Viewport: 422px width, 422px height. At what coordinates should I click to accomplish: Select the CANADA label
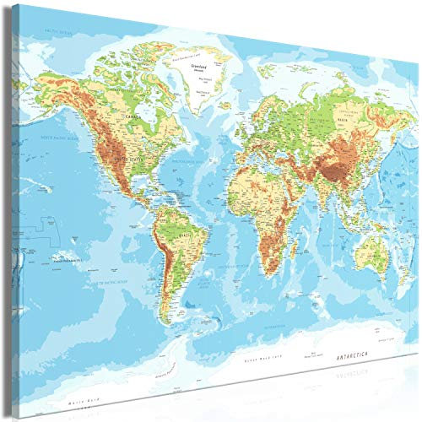point(133,116)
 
